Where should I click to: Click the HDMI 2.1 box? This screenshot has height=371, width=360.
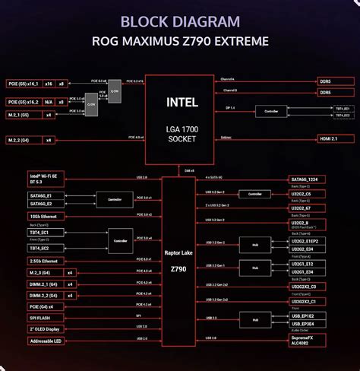click(x=334, y=138)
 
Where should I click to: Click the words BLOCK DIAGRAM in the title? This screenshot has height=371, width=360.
click(x=179, y=21)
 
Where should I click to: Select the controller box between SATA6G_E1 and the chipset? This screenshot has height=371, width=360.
click(x=115, y=200)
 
